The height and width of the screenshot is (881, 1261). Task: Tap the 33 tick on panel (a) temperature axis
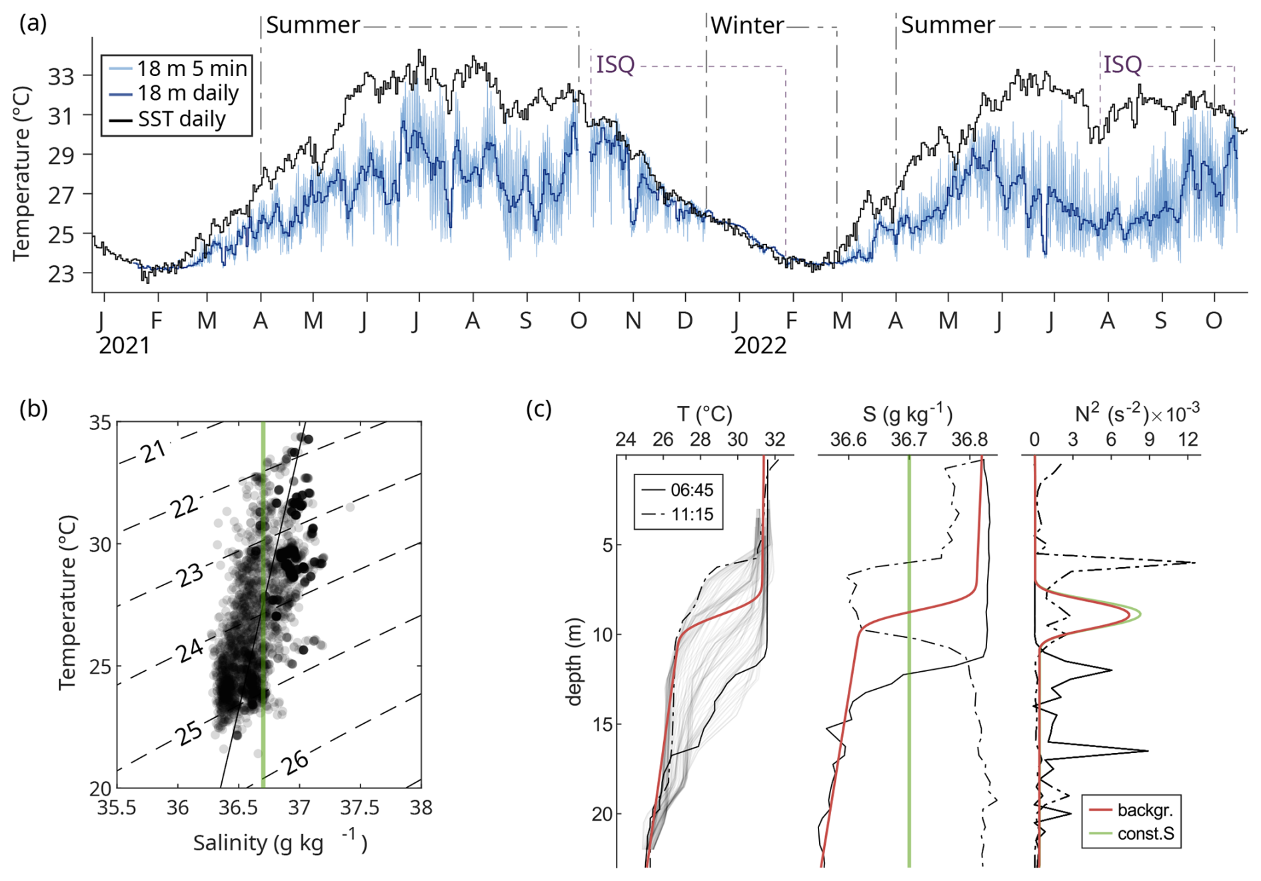[x=61, y=77]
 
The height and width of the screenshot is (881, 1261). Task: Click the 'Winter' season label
[x=746, y=26]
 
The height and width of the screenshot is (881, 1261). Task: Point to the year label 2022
[x=760, y=346]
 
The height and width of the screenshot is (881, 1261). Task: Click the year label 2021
[x=125, y=346]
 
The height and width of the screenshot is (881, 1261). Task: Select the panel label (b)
[x=33, y=409]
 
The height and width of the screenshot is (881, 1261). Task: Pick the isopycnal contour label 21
[x=154, y=452]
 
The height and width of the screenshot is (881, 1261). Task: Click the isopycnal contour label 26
[x=295, y=762]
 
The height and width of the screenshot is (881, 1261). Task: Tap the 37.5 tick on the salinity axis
[x=360, y=808]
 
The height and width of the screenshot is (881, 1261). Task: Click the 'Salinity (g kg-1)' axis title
[x=280, y=843]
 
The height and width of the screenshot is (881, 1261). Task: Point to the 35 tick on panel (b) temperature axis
[x=101, y=423]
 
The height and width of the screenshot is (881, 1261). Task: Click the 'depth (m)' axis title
[x=573, y=661]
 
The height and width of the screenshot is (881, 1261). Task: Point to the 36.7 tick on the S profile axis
[x=909, y=440]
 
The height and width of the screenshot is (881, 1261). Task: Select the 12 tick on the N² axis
[x=1188, y=440]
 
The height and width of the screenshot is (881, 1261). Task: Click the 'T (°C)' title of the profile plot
[x=704, y=415]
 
